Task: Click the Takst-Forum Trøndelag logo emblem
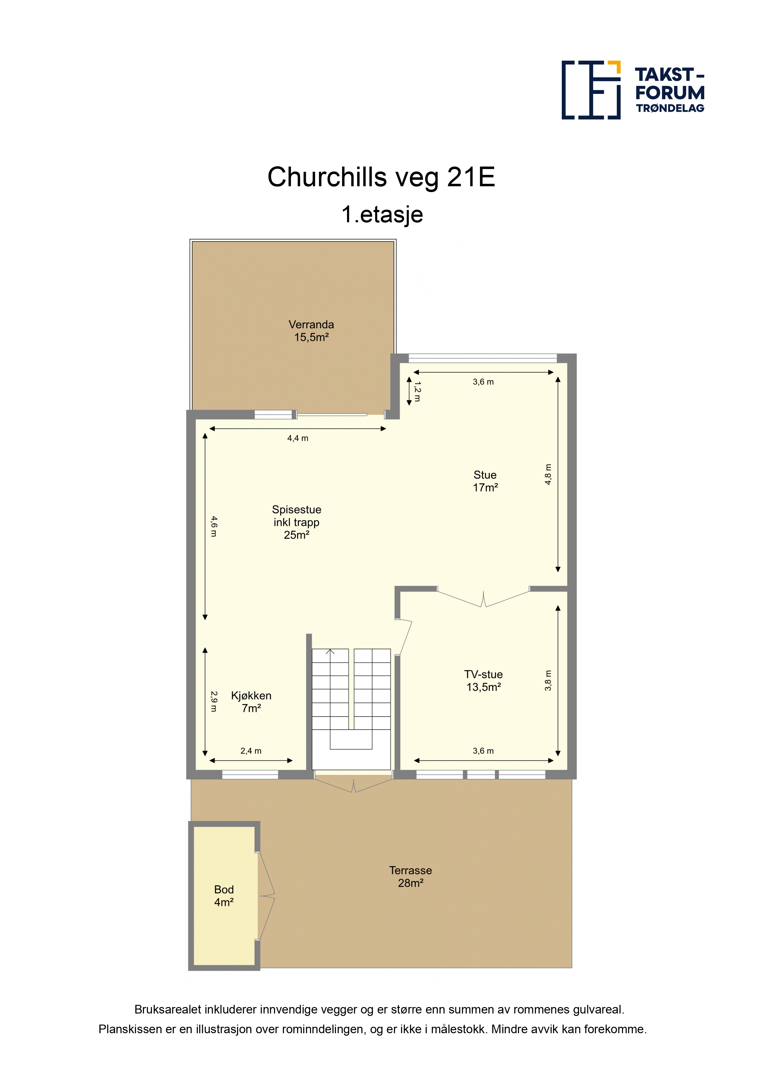coord(591,90)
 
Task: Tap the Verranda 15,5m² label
coord(311,331)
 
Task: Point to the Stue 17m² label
coord(485,481)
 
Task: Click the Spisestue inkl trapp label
coord(297,522)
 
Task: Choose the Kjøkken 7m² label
coord(251,702)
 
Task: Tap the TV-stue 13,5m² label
coord(483,681)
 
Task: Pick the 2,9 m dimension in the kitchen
coord(214,701)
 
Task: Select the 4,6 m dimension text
coord(214,526)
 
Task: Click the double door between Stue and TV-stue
coord(483,597)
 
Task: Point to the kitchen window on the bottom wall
coord(250,774)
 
